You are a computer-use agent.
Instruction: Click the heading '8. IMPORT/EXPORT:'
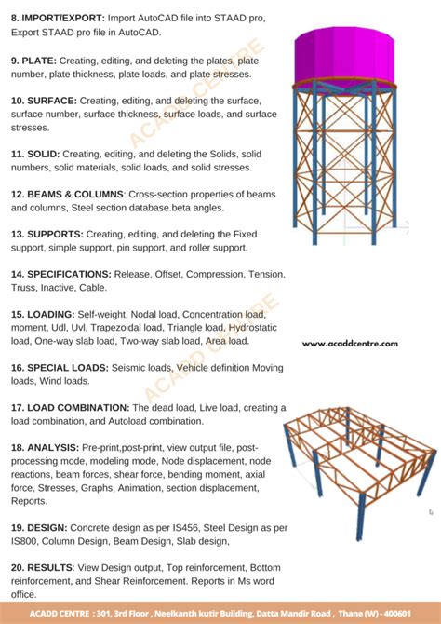pos(58,19)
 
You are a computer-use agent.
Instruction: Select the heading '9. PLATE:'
pos(34,61)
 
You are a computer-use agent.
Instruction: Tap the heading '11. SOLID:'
pos(35,154)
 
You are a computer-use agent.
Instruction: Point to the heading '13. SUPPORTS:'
pos(47,234)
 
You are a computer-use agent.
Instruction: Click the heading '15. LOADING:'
pos(43,315)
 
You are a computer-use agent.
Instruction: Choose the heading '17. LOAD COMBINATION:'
pos(71,408)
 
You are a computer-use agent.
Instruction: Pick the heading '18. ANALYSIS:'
pos(46,448)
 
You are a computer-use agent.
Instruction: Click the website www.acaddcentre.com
pos(350,344)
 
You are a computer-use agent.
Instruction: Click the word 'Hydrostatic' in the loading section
pos(253,328)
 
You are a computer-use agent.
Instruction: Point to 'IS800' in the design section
pos(24,541)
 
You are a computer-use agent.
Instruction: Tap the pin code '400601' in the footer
pos(396,614)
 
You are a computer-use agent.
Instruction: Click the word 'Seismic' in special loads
pos(127,368)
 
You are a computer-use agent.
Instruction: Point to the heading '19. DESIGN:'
pos(39,528)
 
